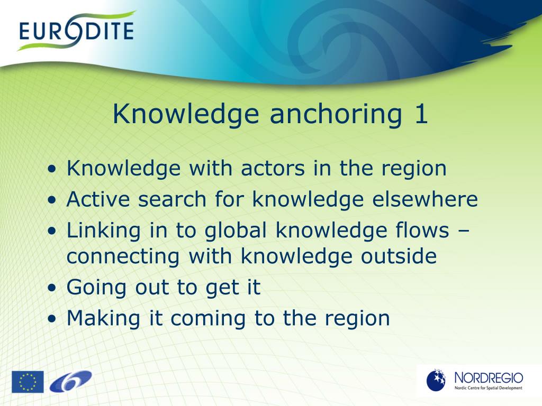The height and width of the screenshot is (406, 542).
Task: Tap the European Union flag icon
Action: click(x=28, y=382)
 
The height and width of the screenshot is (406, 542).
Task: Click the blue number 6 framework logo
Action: click(x=70, y=381)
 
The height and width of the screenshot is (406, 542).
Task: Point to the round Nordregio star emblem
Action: click(x=437, y=380)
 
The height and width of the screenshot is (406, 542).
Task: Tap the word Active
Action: click(x=100, y=199)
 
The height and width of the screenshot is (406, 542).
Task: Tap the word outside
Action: click(x=399, y=256)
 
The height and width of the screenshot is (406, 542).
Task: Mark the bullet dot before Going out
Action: click(x=51, y=288)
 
